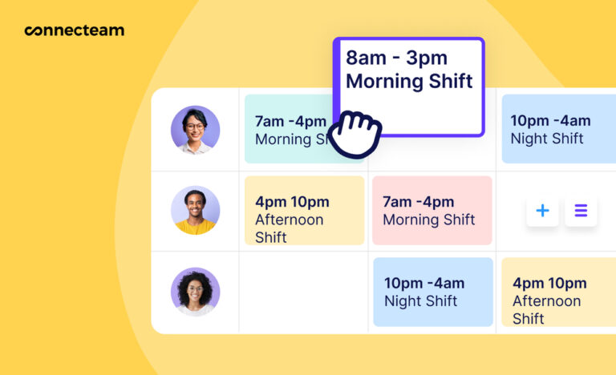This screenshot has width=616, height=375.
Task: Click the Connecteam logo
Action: click(74, 31)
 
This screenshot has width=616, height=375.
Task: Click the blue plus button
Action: click(542, 211)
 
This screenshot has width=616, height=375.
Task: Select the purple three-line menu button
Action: click(581, 211)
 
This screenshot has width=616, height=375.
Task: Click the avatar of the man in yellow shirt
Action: click(195, 210)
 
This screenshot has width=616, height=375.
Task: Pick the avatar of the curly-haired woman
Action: click(195, 292)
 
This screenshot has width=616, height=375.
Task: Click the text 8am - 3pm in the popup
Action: click(396, 58)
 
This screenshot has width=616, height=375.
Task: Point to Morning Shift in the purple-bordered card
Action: click(409, 81)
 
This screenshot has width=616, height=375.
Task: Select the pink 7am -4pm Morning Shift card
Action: click(432, 211)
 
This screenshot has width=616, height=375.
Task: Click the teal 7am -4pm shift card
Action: click(289, 129)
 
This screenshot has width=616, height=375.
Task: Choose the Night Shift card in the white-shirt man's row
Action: click(557, 129)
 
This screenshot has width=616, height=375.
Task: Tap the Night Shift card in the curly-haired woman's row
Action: click(432, 292)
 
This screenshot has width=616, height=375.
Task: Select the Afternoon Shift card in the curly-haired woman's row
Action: click(557, 292)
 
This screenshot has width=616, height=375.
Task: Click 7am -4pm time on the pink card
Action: click(418, 201)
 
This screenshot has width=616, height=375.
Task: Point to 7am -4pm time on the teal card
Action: click(290, 121)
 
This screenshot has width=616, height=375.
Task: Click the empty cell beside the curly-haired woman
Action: click(303, 292)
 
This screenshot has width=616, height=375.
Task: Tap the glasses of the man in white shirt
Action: click(195, 126)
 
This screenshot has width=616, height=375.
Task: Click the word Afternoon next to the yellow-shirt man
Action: click(289, 220)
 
